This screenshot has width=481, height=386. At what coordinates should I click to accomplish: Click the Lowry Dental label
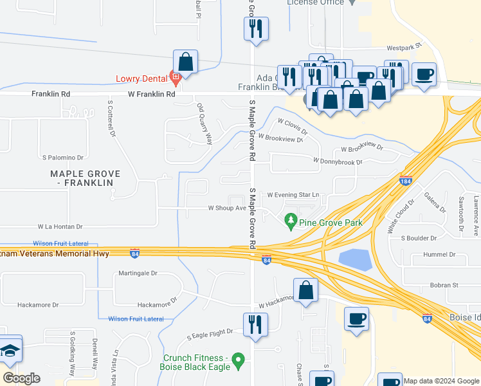(141, 79)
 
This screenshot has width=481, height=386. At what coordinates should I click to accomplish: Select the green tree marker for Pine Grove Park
(291, 221)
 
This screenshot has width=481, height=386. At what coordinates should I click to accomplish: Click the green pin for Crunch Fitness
(238, 361)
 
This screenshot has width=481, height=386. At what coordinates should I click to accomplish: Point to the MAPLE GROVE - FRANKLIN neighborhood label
(82, 178)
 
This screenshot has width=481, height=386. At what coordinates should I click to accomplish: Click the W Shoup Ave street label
(226, 208)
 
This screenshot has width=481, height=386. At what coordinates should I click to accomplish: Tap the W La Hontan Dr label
(60, 226)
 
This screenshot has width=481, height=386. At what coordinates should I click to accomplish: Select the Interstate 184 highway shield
(405, 181)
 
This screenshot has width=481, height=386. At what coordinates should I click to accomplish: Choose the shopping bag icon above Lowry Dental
(185, 62)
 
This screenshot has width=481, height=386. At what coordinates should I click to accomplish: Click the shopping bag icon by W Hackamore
(306, 289)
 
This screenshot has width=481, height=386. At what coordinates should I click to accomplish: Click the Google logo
(21, 378)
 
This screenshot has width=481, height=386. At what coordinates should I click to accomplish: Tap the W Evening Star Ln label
(293, 194)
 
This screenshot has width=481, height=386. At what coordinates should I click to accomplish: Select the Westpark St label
(403, 47)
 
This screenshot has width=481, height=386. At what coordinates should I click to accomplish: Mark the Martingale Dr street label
(138, 273)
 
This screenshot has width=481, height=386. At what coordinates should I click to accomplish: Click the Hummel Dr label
(439, 254)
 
